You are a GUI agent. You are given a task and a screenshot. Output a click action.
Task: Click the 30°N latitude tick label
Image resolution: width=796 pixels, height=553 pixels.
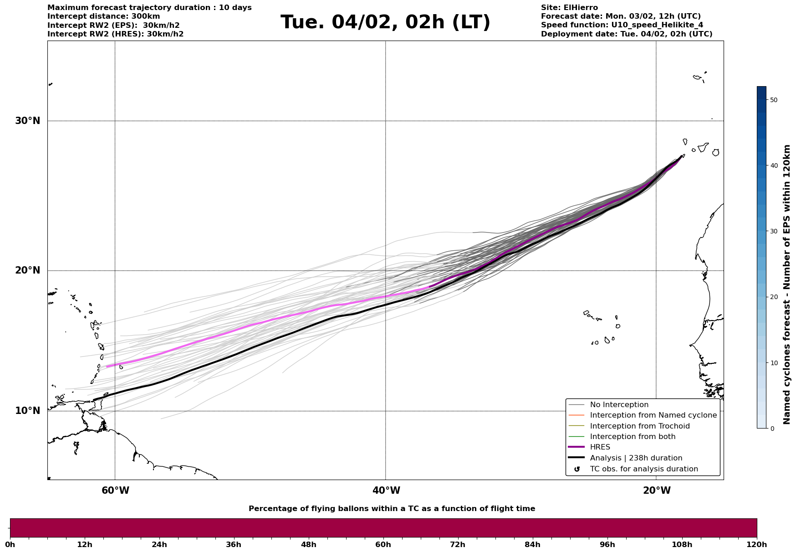(x=27, y=121)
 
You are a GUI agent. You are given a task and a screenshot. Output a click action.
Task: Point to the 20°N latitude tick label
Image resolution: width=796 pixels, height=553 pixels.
(x=27, y=270)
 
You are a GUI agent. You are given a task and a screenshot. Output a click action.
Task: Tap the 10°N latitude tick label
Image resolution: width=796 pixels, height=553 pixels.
(x=27, y=411)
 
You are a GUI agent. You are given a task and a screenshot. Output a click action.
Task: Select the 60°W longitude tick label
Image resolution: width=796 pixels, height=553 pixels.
(x=115, y=491)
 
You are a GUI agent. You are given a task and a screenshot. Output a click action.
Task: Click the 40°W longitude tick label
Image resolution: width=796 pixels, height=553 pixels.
(x=386, y=491)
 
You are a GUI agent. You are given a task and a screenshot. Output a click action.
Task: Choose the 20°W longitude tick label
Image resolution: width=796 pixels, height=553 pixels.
(x=657, y=491)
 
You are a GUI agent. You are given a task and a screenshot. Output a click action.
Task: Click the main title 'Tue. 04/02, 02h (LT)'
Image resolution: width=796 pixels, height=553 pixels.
(x=385, y=22)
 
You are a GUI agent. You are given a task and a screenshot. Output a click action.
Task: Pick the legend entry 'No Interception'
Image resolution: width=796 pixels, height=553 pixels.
(x=619, y=405)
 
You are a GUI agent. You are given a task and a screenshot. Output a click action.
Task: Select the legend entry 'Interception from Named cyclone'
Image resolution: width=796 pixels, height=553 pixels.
(x=653, y=415)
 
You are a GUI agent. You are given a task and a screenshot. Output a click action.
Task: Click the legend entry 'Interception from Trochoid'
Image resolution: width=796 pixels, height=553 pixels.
(x=639, y=426)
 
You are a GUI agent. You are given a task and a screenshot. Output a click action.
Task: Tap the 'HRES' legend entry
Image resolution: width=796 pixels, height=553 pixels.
(x=600, y=447)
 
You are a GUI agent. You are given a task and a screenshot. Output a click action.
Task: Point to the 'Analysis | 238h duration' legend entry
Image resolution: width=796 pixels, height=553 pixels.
(x=636, y=458)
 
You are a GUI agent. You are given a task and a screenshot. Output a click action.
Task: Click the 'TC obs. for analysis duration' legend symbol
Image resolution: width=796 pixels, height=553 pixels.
(x=577, y=469)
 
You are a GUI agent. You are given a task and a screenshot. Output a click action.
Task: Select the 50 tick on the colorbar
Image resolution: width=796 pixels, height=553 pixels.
(x=773, y=100)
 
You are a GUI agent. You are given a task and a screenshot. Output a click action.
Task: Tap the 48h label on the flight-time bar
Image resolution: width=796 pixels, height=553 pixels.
(x=308, y=544)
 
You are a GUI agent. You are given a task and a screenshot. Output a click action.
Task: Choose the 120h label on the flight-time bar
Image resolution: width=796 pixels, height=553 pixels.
(x=756, y=544)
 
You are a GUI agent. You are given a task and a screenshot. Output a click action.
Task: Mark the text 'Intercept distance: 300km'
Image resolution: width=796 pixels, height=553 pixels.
(x=103, y=16)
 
